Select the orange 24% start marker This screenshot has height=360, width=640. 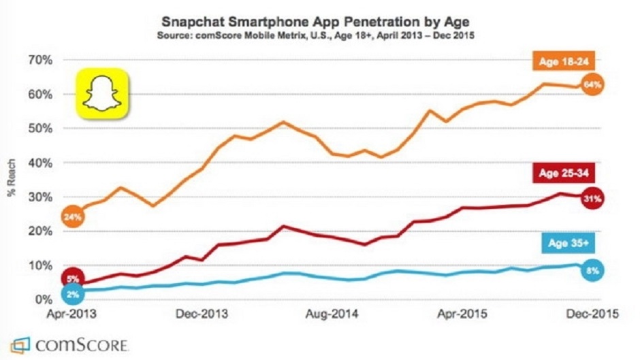tap(73, 217)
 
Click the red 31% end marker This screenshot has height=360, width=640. tap(592, 199)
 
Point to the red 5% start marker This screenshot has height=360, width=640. tap(73, 278)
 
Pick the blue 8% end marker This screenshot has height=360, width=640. tap(592, 271)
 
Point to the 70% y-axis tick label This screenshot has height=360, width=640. tap(39, 60)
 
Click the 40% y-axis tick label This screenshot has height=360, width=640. tap(39, 163)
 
